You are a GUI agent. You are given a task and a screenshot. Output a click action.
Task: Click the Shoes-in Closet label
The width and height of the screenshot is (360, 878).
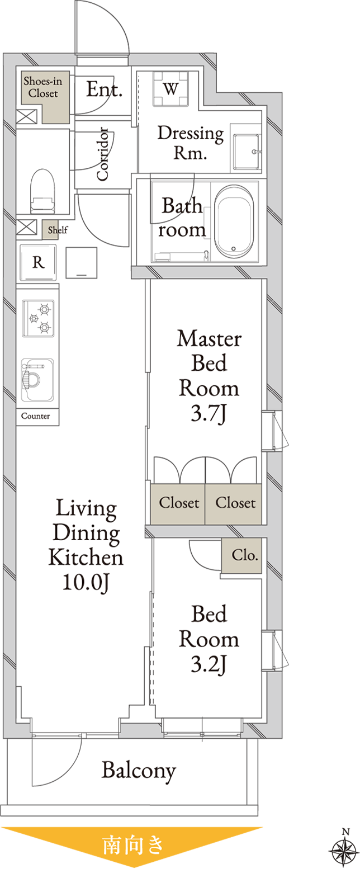coord(42,87)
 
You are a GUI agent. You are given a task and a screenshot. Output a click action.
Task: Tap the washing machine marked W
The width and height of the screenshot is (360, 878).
coord(171,89)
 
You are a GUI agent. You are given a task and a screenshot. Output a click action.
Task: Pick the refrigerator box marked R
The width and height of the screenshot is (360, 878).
coord(38,262)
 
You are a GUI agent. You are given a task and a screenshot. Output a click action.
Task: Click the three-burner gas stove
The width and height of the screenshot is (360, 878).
coord(39,318)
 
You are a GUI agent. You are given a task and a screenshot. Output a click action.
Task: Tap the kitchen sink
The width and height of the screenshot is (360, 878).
coord(37,379)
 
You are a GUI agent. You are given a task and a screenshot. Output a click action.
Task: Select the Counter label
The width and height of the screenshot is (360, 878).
coord(36,416)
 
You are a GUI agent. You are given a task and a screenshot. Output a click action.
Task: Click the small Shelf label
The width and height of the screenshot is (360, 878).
coord(58,230)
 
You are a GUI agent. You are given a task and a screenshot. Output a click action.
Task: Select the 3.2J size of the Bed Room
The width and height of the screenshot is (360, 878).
coord(209,664)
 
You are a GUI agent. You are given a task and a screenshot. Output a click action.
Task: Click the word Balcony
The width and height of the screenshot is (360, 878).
coord(139,771)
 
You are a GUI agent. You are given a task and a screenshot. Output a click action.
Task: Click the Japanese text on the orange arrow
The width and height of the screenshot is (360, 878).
coord(133,844)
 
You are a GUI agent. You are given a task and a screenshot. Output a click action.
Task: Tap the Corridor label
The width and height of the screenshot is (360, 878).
coord(102,154)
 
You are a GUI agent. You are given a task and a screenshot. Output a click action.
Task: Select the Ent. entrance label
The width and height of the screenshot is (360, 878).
coord(104,89)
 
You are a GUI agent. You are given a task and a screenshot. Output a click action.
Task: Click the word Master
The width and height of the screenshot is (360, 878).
coord(209,339)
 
